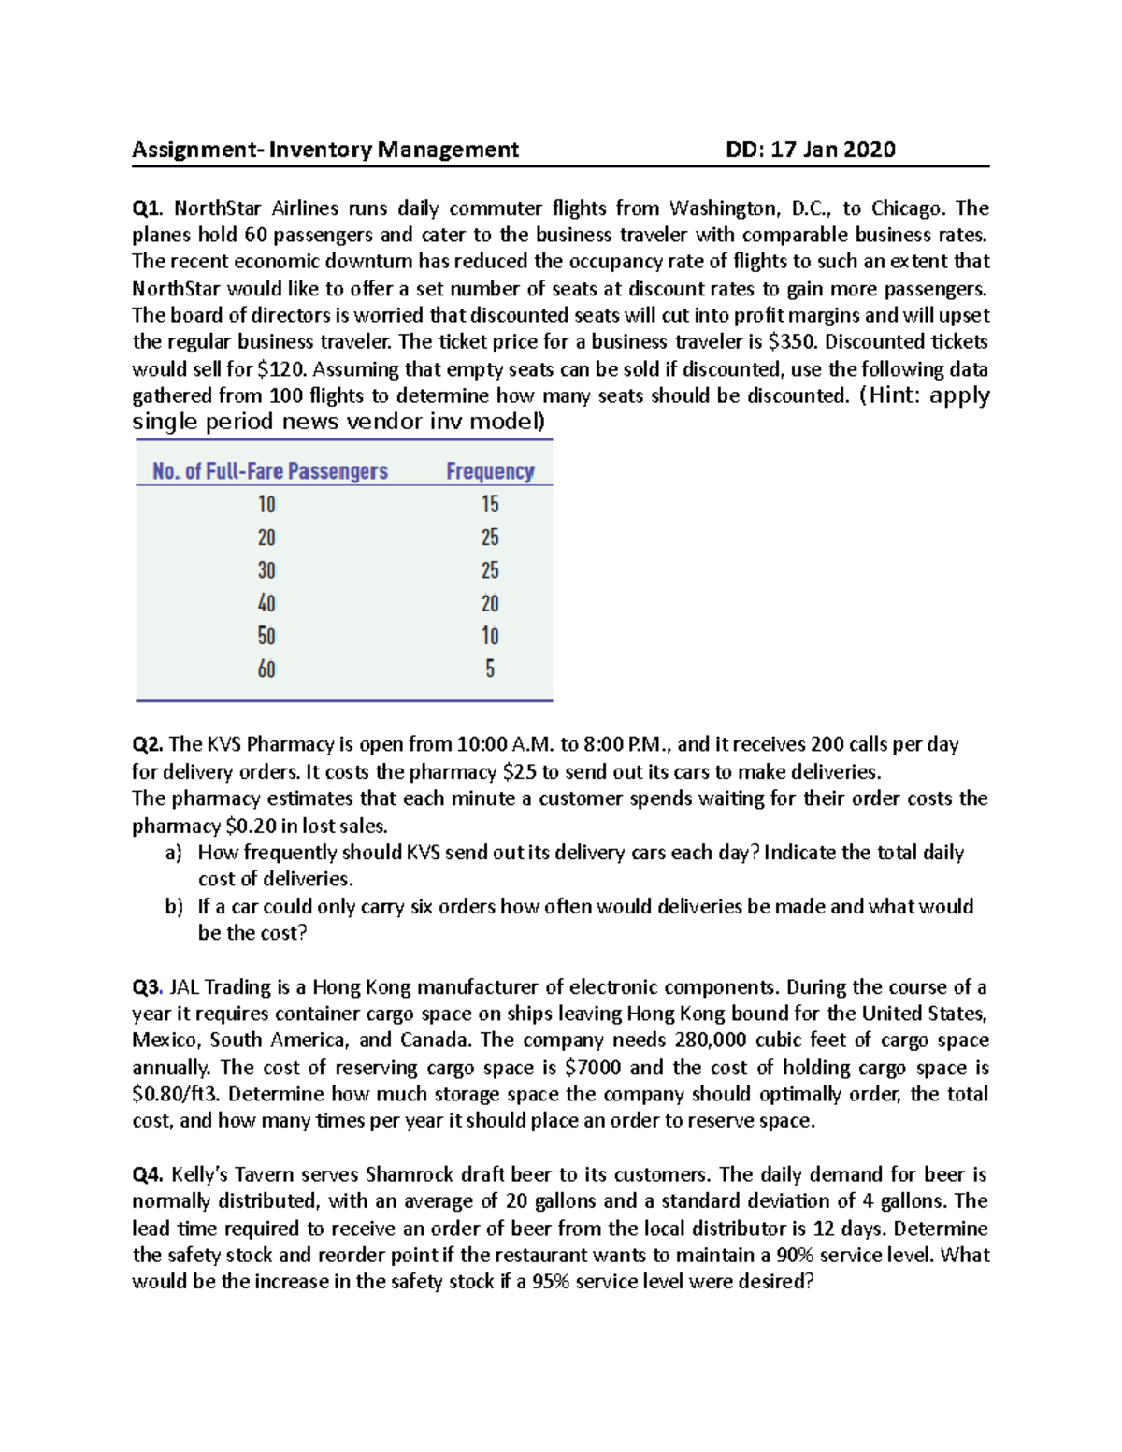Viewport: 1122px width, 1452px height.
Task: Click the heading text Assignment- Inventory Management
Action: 324,150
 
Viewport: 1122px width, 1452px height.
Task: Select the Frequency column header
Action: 490,471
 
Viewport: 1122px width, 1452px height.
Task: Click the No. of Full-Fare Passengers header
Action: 269,471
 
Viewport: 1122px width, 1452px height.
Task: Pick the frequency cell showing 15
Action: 490,505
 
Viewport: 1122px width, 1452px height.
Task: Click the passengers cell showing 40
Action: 266,603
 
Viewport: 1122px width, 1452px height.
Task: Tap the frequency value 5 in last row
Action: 490,668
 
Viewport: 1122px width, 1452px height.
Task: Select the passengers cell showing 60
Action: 266,668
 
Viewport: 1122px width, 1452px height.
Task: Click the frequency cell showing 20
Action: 490,603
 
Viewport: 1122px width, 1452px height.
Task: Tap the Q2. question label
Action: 148,745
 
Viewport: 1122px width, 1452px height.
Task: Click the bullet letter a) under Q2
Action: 174,853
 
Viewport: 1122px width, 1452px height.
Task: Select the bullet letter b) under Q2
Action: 174,907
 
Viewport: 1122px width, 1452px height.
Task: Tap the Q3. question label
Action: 148,988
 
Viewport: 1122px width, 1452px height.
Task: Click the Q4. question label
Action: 148,1175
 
